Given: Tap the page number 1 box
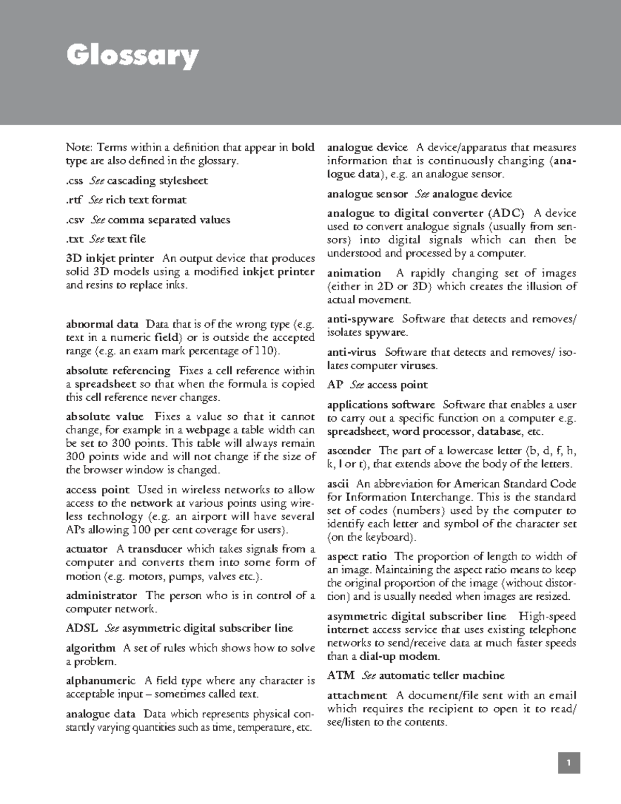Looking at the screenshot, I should click(568, 763).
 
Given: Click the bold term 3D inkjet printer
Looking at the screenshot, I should click(110, 258).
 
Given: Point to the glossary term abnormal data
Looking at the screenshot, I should click(102, 325).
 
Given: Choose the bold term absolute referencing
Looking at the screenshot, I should click(118, 371).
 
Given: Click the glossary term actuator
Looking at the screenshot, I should click(86, 549).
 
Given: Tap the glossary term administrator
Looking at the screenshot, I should click(101, 596).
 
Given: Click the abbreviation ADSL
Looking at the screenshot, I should click(81, 628).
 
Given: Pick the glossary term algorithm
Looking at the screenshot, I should click(91, 648).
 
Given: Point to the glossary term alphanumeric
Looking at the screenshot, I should click(100, 681).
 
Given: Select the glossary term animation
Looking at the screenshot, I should click(354, 273).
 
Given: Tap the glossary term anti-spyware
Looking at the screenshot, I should click(360, 319).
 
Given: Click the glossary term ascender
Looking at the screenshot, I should click(349, 450).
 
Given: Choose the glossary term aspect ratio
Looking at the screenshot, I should click(357, 556).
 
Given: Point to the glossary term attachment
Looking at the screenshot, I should click(357, 695).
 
